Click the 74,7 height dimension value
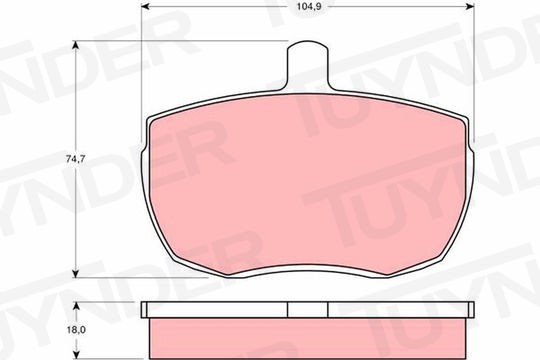[x=75, y=159]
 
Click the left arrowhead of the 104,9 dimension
[x=145, y=6]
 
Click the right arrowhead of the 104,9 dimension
[x=470, y=6]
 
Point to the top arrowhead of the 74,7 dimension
[x=75, y=45]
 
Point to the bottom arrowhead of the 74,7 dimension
[x=75, y=273]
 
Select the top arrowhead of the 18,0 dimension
[x=76, y=306]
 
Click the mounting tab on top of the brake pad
[x=307, y=66]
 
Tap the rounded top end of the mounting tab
[x=307, y=42]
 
